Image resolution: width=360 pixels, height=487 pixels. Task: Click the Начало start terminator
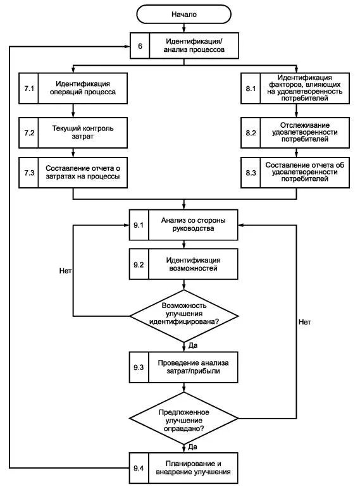click(184, 15)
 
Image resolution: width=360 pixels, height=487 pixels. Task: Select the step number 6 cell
click(140, 46)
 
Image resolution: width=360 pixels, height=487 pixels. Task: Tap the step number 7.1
click(29, 89)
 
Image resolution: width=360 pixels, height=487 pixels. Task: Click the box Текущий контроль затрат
click(73, 133)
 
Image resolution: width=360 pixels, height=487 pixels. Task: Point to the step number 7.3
click(29, 173)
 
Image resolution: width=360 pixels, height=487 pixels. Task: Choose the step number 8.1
click(251, 89)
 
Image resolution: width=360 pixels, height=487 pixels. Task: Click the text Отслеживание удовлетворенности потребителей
click(305, 132)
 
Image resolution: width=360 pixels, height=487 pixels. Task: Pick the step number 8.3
click(251, 173)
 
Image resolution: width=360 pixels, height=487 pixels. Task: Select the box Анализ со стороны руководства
click(183, 225)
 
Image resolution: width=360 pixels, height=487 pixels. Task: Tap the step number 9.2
click(139, 264)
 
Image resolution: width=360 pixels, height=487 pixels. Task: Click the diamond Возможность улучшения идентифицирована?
click(184, 316)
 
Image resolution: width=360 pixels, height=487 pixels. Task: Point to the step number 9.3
click(139, 367)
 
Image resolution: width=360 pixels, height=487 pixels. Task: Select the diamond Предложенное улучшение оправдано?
click(184, 418)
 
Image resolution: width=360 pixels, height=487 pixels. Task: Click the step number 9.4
click(139, 468)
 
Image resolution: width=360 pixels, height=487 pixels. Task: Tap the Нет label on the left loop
click(65, 271)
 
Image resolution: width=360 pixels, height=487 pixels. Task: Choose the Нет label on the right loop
click(304, 322)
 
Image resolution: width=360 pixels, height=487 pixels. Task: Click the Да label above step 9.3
click(192, 345)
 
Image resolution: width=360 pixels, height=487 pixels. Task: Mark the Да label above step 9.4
click(192, 447)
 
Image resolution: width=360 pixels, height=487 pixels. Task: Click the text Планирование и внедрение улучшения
click(193, 468)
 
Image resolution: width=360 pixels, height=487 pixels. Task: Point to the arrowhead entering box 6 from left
click(127, 47)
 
